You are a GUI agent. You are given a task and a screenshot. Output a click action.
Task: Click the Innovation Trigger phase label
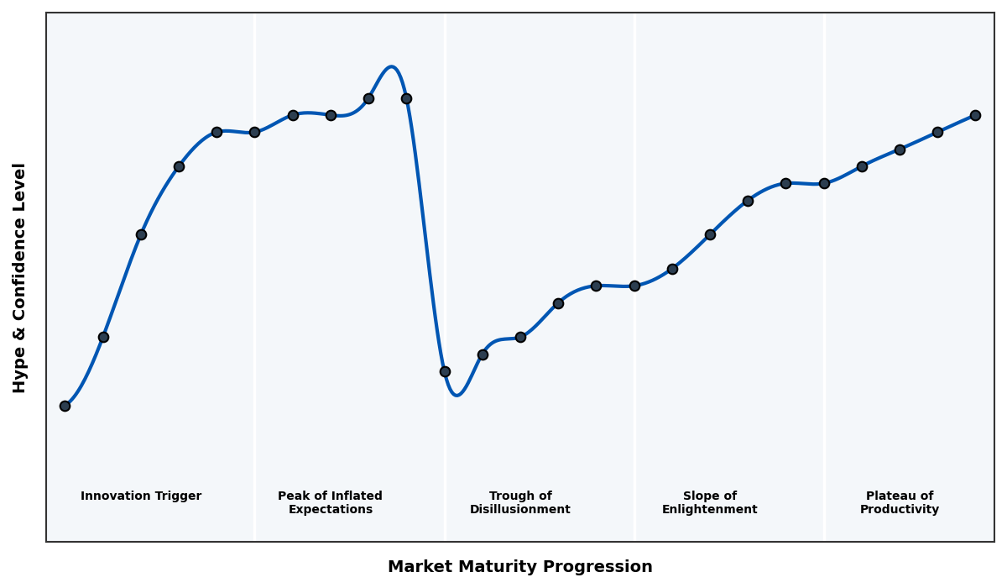click(x=141, y=496)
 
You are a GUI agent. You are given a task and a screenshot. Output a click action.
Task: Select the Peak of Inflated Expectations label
click(x=330, y=502)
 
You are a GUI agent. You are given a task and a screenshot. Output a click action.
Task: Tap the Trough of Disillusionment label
click(x=520, y=502)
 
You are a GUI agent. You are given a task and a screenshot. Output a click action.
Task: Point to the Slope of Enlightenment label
click(x=710, y=502)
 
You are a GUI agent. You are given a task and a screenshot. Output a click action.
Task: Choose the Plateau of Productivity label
click(x=900, y=502)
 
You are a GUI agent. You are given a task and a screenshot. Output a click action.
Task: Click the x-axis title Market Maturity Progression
click(x=519, y=567)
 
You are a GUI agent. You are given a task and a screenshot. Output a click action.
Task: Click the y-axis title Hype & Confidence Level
click(x=20, y=277)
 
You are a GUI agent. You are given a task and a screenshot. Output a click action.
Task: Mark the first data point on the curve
click(x=65, y=406)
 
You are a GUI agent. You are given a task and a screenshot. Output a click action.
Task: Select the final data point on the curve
click(x=975, y=115)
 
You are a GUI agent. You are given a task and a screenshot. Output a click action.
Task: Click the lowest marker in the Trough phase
click(x=445, y=371)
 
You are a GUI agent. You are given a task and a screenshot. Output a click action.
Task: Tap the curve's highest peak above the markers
click(x=391, y=67)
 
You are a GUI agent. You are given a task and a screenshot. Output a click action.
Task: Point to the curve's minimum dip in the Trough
click(x=457, y=395)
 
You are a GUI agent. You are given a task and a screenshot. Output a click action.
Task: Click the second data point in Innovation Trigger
click(x=103, y=337)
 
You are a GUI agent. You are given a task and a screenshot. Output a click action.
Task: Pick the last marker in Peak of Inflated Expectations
click(x=406, y=98)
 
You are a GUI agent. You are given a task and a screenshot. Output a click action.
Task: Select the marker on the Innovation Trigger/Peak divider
click(x=254, y=132)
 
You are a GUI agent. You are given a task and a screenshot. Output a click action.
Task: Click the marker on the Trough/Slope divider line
click(x=634, y=286)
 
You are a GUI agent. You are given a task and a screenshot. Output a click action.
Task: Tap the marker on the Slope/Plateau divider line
click(x=824, y=183)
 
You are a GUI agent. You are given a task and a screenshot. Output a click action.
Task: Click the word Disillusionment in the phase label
click(x=520, y=510)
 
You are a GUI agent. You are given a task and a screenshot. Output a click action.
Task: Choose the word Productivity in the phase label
click(x=900, y=510)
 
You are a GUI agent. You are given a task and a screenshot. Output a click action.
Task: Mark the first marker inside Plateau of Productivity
click(x=862, y=166)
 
